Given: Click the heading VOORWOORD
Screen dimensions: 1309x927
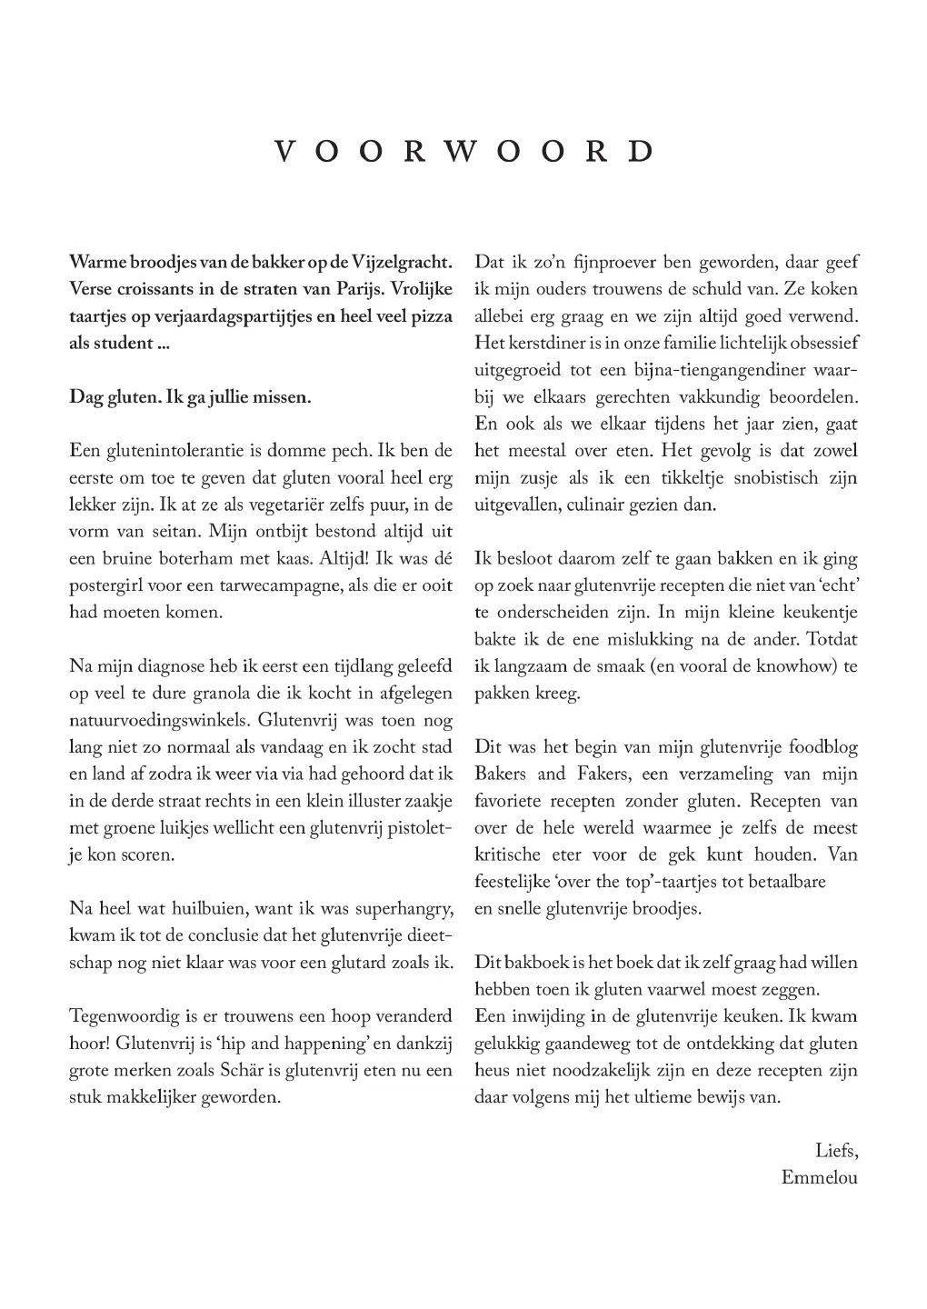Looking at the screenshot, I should [x=463, y=151].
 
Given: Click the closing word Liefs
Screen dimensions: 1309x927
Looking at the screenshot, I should [x=836, y=1151].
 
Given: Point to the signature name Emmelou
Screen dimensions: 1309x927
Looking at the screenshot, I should [x=819, y=1178].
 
